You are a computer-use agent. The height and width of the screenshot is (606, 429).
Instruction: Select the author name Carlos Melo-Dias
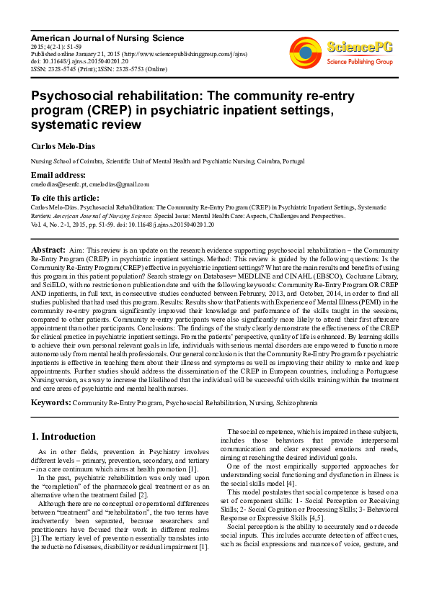tap(62, 146)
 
